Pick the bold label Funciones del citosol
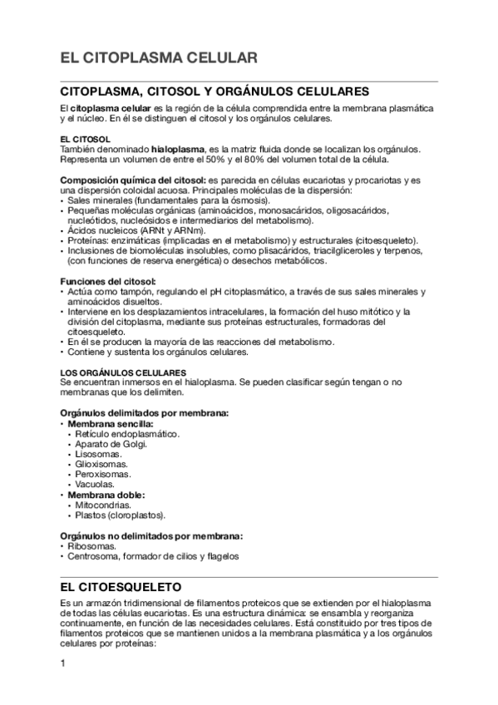(x=108, y=281)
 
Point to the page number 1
(x=63, y=663)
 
